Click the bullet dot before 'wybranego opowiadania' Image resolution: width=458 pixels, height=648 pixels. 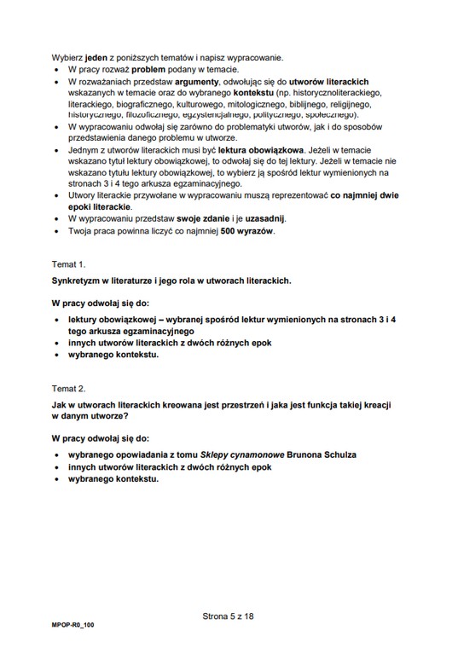[57, 456]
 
